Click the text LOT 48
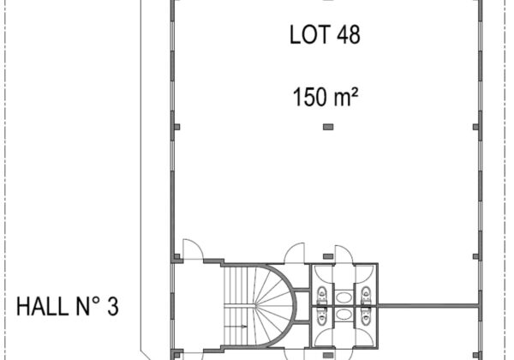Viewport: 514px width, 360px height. [x=325, y=35]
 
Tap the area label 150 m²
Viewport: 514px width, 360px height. [x=325, y=97]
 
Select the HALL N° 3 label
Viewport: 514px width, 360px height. [x=68, y=307]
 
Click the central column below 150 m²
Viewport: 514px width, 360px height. [x=328, y=127]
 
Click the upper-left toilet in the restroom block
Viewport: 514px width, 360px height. [x=322, y=294]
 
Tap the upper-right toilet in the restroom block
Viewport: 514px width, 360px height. [x=366, y=294]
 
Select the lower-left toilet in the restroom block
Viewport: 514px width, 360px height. [x=322, y=317]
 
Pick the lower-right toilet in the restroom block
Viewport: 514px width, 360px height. [x=366, y=317]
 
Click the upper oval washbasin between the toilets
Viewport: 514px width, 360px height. [x=344, y=297]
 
